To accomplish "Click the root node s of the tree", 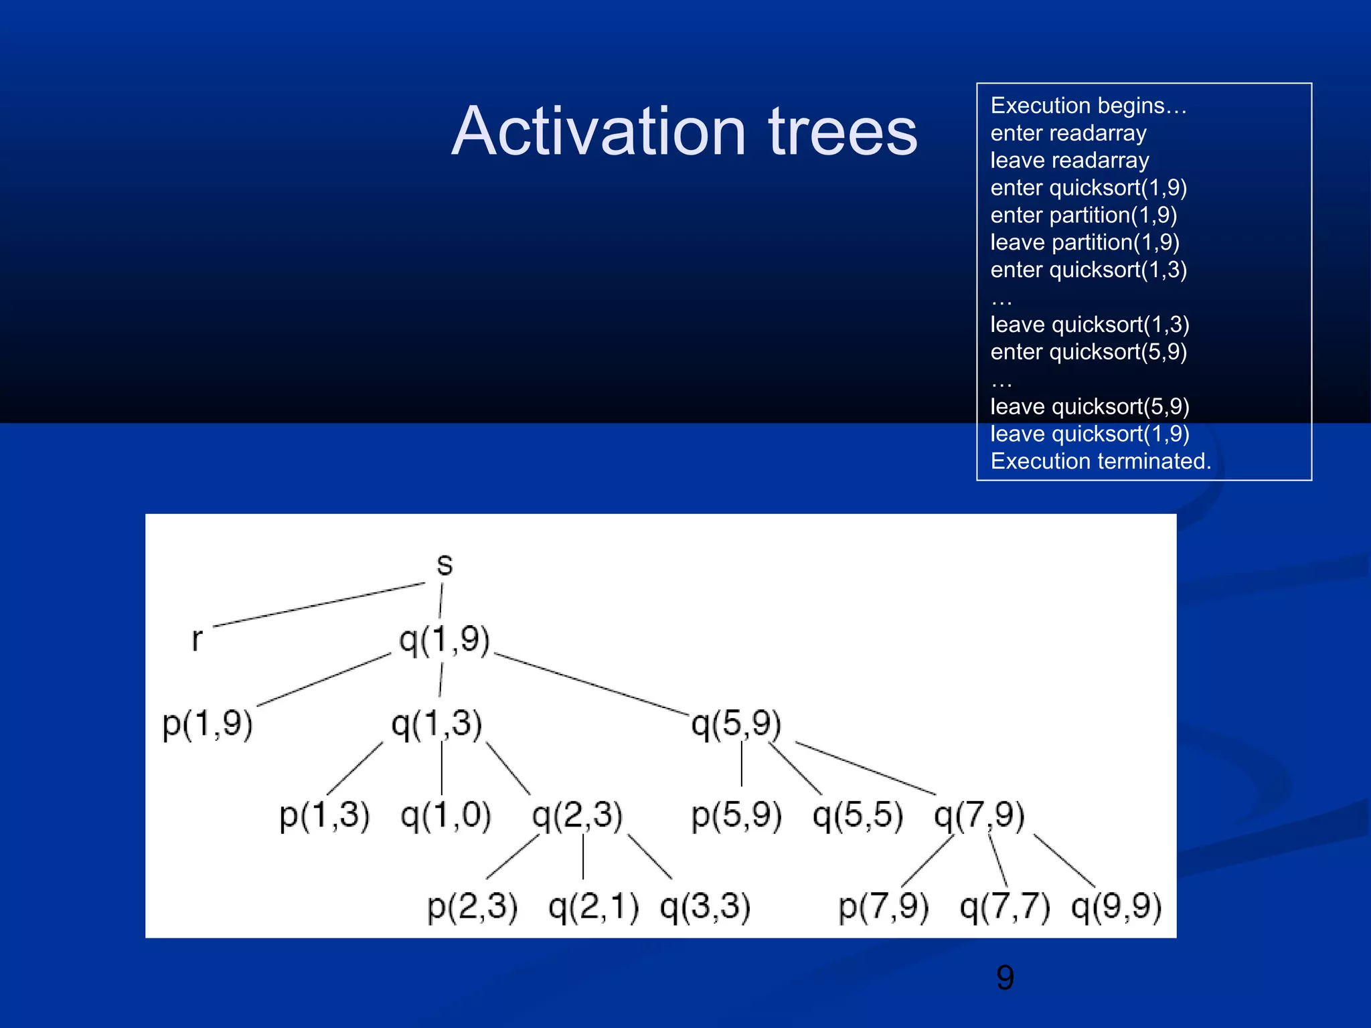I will tap(445, 565).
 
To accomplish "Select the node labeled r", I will tap(196, 639).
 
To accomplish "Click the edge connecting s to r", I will tap(319, 605).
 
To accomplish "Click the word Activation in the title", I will tap(598, 132).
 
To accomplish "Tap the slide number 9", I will tap(1005, 978).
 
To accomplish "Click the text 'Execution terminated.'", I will tap(1101, 461).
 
